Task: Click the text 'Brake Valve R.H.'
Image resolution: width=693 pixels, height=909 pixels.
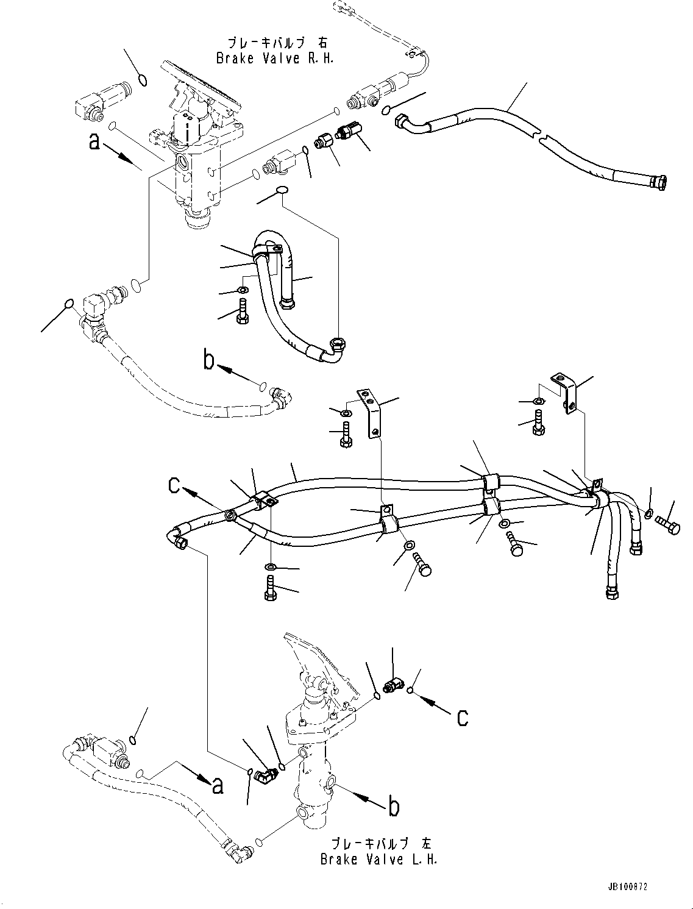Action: (275, 59)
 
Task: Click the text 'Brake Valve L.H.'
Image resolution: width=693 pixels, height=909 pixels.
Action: (379, 859)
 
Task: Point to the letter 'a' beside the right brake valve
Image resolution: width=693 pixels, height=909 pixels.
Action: (94, 141)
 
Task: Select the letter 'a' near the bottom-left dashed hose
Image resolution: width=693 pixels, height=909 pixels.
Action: (217, 785)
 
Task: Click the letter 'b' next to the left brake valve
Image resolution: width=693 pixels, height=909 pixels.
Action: (394, 807)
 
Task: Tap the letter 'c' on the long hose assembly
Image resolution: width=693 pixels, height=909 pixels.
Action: (174, 485)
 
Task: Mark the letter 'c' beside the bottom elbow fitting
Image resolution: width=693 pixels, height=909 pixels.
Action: (463, 718)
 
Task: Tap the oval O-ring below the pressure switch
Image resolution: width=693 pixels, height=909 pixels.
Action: (281, 190)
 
